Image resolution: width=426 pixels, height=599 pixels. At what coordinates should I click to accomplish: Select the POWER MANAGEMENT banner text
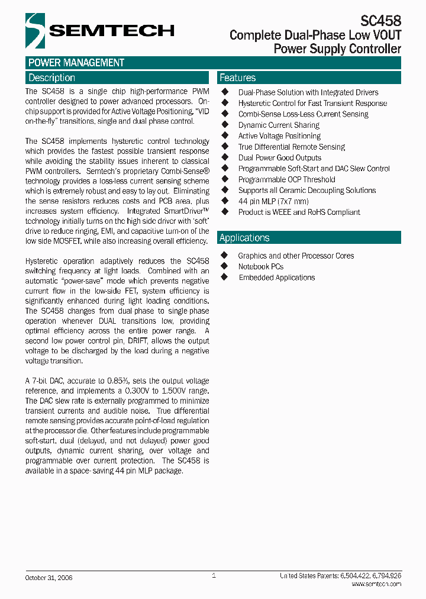coord(76,63)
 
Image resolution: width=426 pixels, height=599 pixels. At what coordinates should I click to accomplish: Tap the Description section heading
coord(52,78)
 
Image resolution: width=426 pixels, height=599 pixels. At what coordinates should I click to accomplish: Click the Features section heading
coord(237,78)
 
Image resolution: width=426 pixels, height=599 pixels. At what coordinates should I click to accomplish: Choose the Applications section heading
coord(244,237)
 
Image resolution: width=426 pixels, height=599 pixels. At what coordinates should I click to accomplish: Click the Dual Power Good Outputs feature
coord(279,157)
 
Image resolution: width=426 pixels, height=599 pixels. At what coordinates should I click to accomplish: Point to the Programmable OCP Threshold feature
coord(286,179)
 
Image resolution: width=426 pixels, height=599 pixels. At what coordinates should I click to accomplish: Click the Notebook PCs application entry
coord(261,266)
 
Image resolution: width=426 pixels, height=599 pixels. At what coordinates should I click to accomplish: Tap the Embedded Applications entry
coord(276,277)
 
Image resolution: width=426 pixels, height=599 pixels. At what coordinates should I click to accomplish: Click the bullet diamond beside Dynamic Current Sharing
coord(225,125)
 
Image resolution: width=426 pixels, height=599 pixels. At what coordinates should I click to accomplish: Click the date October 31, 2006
coord(49,577)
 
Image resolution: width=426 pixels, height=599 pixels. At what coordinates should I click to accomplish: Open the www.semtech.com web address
coord(376,584)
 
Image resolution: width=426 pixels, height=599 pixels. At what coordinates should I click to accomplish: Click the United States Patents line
coord(341,576)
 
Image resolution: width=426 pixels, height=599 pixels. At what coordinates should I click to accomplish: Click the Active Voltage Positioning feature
coord(279,136)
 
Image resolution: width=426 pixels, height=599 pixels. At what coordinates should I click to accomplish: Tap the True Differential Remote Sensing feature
coord(291,147)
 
